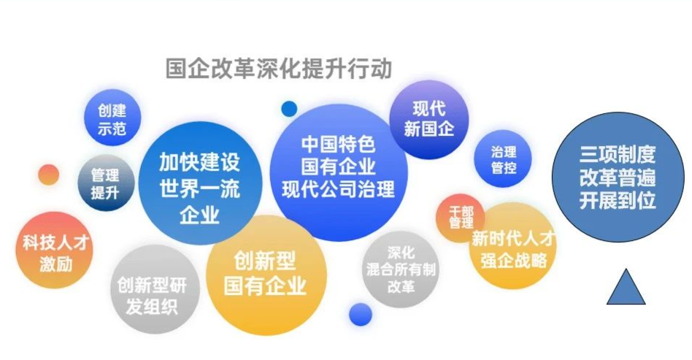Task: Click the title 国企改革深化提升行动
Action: (278, 69)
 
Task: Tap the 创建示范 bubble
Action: (112, 118)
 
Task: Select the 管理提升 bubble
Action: (105, 183)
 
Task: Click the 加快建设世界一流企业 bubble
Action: (200, 183)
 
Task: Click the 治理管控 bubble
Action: (503, 158)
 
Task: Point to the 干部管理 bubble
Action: (461, 218)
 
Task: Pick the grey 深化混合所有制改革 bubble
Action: (400, 269)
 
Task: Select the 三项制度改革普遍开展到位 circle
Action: (618, 177)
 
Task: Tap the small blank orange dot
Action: (49, 175)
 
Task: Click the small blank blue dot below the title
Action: (289, 109)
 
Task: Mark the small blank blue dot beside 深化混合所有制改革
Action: (361, 315)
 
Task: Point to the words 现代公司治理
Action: (339, 189)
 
